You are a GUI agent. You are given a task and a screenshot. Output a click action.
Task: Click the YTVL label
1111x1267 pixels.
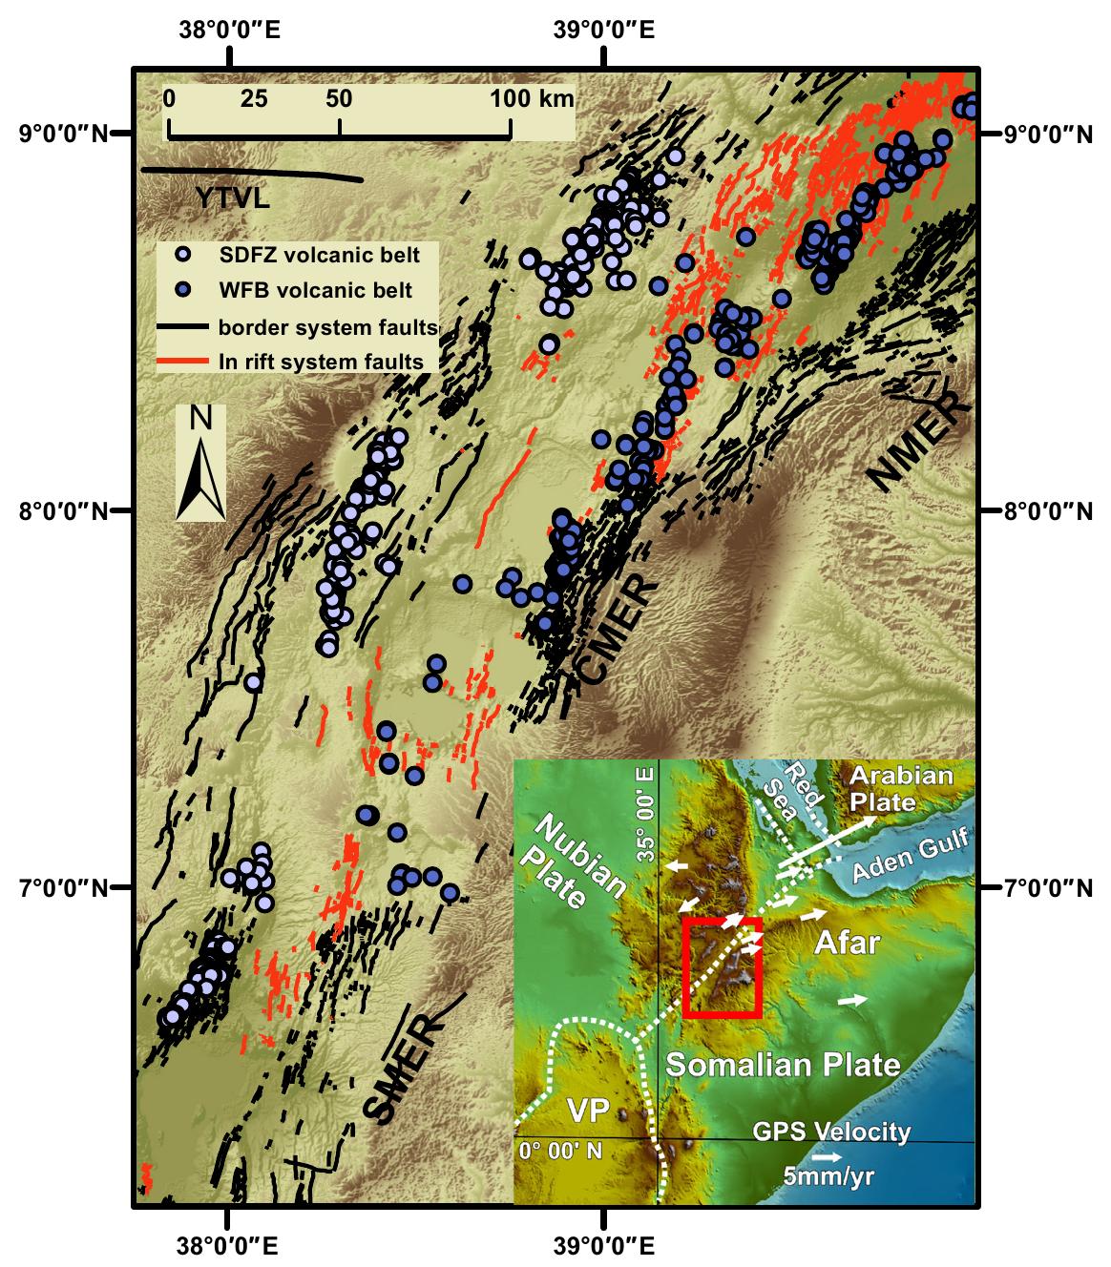[x=233, y=198]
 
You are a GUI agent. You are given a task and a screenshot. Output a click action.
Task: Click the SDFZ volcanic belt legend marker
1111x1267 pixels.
[x=185, y=255]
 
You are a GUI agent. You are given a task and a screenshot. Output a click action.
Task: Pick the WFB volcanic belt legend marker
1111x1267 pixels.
[x=185, y=289]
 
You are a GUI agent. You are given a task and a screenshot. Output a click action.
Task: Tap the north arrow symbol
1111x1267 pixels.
[x=200, y=463]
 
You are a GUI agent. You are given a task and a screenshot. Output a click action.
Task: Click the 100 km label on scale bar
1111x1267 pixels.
[x=534, y=98]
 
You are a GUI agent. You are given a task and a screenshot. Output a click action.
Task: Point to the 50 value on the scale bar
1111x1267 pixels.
[x=339, y=98]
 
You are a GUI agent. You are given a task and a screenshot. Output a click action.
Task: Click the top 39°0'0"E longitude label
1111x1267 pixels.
[x=604, y=30]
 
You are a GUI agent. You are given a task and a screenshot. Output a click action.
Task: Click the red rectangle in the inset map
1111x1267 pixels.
[x=723, y=967]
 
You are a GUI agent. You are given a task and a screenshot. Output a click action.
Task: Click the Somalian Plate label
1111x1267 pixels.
[x=782, y=1065]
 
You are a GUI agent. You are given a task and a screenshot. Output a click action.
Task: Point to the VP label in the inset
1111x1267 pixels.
[x=588, y=1111]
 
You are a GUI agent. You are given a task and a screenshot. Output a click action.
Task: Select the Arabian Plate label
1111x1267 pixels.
[x=901, y=787]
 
